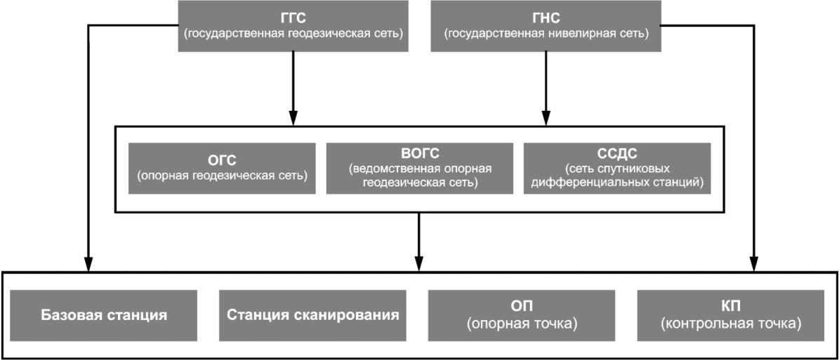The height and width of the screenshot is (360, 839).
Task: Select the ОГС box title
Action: click(223, 159)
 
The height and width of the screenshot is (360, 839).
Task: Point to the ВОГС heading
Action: click(420, 154)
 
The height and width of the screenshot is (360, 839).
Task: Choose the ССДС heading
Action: click(616, 154)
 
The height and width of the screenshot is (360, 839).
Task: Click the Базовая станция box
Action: click(103, 314)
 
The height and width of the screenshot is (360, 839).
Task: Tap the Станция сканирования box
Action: click(313, 314)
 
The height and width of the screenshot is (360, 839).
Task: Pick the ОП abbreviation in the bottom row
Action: click(522, 307)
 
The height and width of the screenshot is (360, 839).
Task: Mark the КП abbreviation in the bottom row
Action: click(731, 307)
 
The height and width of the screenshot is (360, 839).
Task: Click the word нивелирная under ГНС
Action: click(572, 33)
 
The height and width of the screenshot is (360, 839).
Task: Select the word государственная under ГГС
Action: click(227, 33)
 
